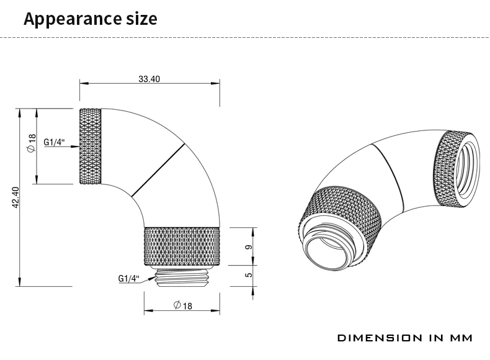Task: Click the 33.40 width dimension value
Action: [149, 79]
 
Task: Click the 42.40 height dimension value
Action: [16, 198]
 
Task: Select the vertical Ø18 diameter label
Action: [31, 144]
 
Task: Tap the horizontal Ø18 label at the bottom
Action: [183, 305]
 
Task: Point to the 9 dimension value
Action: [248, 246]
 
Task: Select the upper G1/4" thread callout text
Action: [54, 142]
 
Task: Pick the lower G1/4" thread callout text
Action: [128, 279]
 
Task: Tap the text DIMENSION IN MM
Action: [404, 338]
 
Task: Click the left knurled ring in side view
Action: [89, 146]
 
